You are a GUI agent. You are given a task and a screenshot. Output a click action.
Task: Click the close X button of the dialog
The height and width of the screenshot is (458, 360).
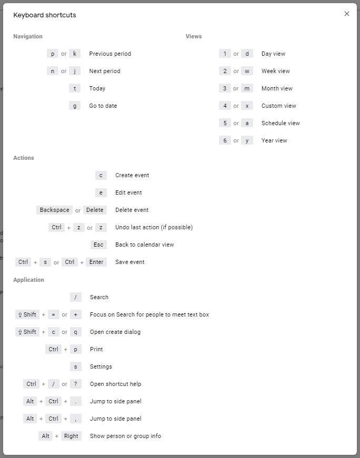coord(346,14)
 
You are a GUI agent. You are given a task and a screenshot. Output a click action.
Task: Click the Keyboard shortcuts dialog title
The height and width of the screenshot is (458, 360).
coord(45,15)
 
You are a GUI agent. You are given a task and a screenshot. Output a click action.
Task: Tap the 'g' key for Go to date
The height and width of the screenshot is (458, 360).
coord(75,106)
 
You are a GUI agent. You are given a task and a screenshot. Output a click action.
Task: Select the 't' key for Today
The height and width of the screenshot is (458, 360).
coord(75,88)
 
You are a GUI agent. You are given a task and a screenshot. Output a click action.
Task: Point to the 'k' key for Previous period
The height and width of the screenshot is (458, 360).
coord(75,54)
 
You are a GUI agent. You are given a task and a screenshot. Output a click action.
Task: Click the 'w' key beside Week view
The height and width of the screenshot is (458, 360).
coord(247,71)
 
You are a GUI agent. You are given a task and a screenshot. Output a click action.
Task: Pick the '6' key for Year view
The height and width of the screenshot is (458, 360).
coord(225,140)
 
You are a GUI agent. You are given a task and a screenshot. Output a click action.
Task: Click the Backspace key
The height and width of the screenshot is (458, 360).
coord(54,210)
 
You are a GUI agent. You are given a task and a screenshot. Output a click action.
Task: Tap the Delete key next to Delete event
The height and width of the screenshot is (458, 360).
coord(95,210)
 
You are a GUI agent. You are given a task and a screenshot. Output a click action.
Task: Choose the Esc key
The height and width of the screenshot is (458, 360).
coord(98,245)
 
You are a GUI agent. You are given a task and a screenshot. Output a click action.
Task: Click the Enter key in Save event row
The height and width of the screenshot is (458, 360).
coord(96,262)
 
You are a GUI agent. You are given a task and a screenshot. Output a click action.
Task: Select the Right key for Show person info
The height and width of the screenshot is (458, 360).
coord(71,436)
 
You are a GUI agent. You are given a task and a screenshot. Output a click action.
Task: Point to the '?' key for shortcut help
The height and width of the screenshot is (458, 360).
coord(76,384)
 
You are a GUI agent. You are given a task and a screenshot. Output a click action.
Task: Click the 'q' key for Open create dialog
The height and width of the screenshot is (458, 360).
coord(76,332)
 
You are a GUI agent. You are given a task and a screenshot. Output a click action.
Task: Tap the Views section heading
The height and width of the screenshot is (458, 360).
coord(194,36)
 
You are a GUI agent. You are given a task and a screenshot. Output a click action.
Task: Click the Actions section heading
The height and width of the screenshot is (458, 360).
coord(24,158)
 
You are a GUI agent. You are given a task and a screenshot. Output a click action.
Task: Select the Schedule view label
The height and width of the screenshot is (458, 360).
coord(281,123)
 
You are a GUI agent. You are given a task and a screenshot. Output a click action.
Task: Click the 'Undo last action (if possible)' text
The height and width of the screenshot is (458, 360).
coord(154,227)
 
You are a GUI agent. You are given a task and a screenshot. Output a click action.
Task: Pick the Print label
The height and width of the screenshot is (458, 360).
coord(96,349)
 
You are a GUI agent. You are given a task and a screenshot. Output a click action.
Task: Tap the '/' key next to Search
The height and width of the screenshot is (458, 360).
coord(76,297)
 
